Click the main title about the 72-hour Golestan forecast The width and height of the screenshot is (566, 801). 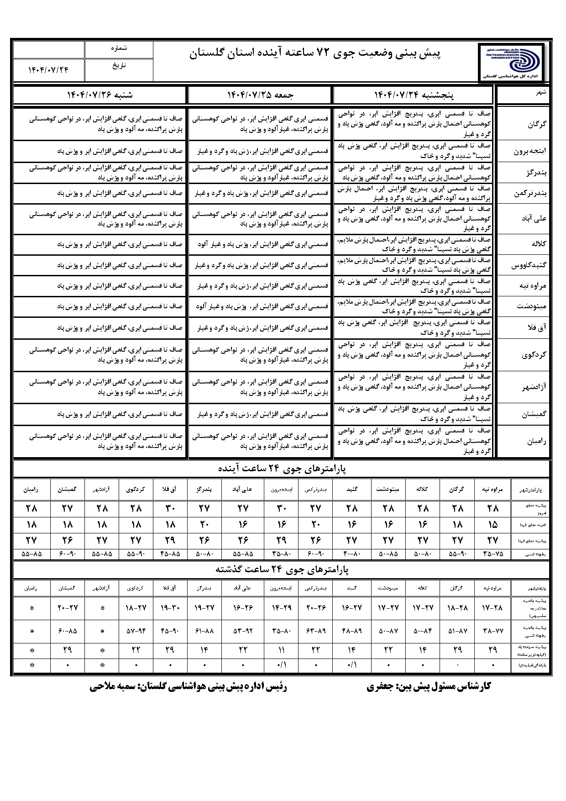tap(315, 54)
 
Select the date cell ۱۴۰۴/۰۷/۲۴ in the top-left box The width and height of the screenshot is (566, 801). tap(48, 70)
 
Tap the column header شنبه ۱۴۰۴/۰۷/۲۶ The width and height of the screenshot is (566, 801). tap(100, 95)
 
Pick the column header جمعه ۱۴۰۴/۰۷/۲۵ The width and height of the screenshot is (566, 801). tap(260, 95)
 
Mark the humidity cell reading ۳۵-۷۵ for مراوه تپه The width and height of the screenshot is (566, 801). tap(493, 554)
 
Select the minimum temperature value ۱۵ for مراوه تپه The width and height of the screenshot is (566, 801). tap(493, 524)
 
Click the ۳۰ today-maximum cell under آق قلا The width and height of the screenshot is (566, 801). tap(170, 508)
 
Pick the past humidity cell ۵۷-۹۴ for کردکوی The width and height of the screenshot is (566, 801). tap(136, 631)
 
